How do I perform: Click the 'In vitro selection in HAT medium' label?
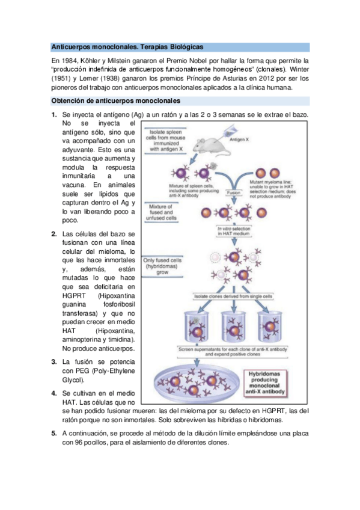tap(233, 230)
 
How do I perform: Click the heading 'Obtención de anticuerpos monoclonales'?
tap(112, 100)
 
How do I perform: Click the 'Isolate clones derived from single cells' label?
tap(233, 296)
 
